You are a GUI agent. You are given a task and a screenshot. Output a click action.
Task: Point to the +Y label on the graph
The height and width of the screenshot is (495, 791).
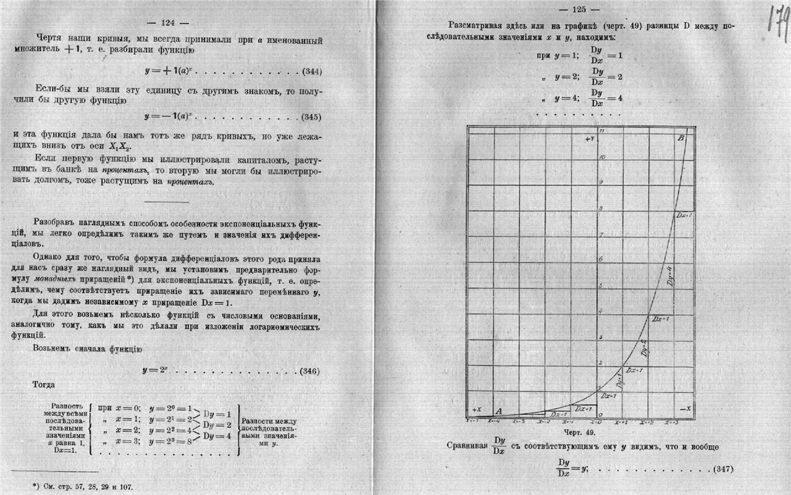pos(589,139)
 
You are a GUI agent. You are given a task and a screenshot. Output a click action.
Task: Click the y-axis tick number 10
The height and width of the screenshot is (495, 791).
pos(602,157)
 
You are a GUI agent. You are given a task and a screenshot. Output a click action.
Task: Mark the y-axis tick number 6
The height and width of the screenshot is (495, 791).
pos(602,260)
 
